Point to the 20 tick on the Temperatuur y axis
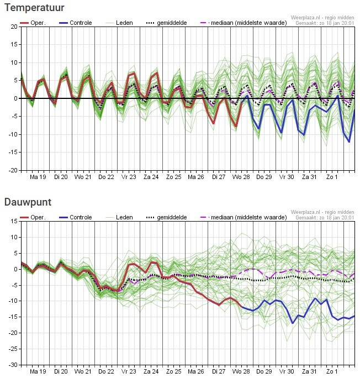click(x=13, y=27)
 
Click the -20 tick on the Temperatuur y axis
click(x=12, y=170)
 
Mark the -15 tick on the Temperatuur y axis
click(x=12, y=153)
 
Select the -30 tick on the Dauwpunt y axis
click(x=12, y=365)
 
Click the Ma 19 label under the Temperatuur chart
click(x=38, y=177)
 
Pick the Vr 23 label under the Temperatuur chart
click(x=129, y=177)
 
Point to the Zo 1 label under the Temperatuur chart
click(x=332, y=177)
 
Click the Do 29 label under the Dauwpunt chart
click(x=264, y=372)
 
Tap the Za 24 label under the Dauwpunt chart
click(x=151, y=372)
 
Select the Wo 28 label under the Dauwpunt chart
click(x=241, y=372)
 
